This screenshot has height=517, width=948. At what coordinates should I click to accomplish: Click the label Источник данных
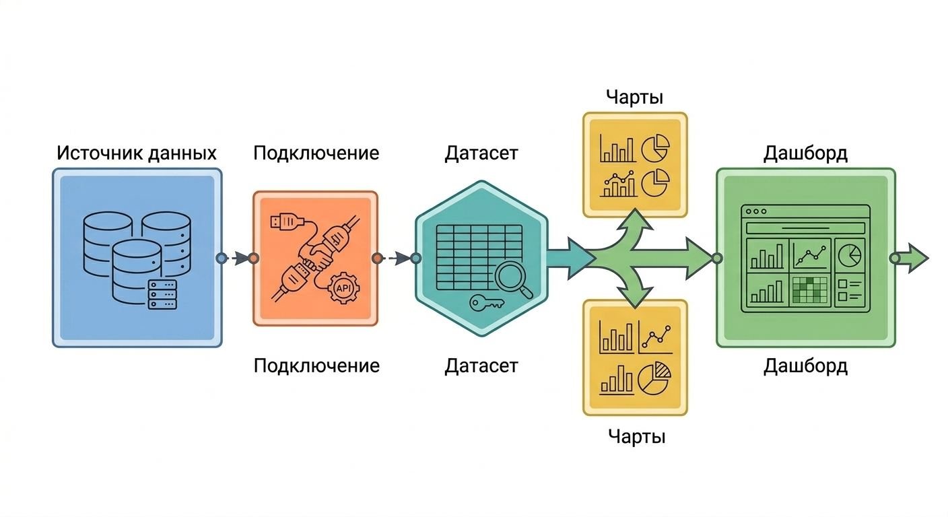coord(136,152)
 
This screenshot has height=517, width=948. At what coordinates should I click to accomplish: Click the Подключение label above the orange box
coord(316,153)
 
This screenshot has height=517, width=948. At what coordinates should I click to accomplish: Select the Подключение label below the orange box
coord(316,366)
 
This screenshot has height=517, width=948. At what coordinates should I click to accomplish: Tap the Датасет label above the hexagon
coord(481,153)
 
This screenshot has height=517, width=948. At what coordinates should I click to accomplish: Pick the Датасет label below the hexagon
coord(481,366)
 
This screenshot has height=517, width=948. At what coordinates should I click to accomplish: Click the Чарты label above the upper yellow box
coord(634,97)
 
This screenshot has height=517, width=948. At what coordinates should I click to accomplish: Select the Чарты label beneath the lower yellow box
coord(636,437)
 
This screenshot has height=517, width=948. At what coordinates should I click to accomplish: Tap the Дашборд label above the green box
coord(805,153)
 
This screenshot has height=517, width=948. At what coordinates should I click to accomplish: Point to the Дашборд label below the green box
coord(805,366)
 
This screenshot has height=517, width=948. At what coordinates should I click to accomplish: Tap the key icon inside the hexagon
coord(485,304)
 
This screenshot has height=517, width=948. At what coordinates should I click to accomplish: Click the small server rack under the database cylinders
coord(162,294)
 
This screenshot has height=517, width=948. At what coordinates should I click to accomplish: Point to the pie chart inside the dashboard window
coord(850,254)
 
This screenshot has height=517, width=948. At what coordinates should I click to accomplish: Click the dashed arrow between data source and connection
coord(237,258)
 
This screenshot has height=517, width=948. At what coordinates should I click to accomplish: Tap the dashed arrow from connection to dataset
coord(396,258)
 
